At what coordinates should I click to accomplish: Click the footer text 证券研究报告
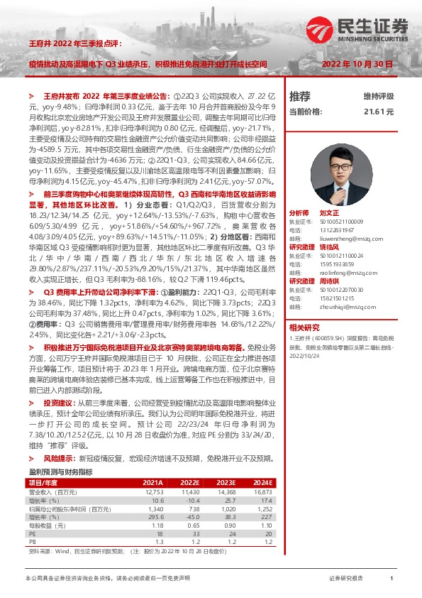[346, 580]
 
